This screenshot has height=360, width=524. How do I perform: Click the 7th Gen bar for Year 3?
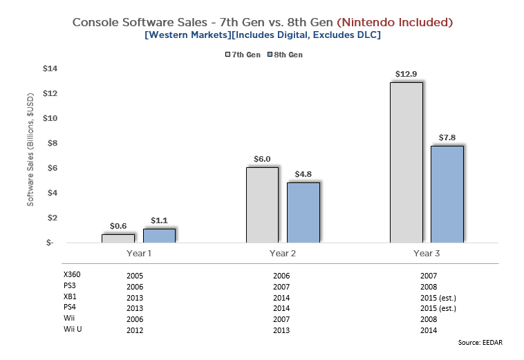(x=406, y=162)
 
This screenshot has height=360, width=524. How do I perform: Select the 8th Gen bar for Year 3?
(x=446, y=194)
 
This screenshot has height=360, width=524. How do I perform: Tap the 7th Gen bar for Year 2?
(x=262, y=205)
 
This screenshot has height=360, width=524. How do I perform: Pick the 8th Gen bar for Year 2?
(x=303, y=212)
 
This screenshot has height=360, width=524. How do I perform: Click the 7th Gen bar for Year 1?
(x=118, y=238)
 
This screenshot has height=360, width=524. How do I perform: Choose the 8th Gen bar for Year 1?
(x=159, y=235)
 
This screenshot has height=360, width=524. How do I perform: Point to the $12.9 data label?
(x=406, y=74)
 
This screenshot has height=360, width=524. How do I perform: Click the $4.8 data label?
(x=303, y=174)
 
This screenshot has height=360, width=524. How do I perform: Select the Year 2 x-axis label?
(x=283, y=254)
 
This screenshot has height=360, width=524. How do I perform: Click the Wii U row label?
(x=73, y=330)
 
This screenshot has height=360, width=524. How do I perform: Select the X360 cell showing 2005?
(x=135, y=275)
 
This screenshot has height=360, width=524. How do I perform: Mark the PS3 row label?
(x=69, y=286)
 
